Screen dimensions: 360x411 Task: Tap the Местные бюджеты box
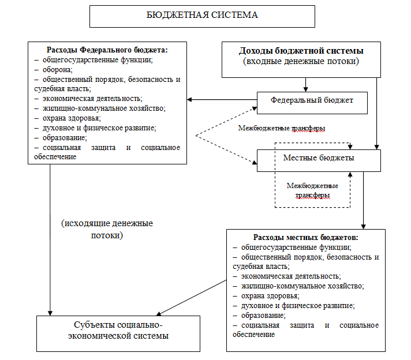(x=319, y=157)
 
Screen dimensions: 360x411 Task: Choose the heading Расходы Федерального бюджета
(x=107, y=49)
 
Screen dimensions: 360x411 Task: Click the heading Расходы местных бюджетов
(x=306, y=237)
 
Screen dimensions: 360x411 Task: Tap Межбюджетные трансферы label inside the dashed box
(x=312, y=190)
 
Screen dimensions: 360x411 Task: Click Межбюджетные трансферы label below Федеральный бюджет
(x=285, y=127)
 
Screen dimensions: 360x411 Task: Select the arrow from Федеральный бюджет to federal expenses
(x=222, y=100)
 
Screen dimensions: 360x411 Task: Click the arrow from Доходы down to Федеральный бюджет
(x=306, y=85)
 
